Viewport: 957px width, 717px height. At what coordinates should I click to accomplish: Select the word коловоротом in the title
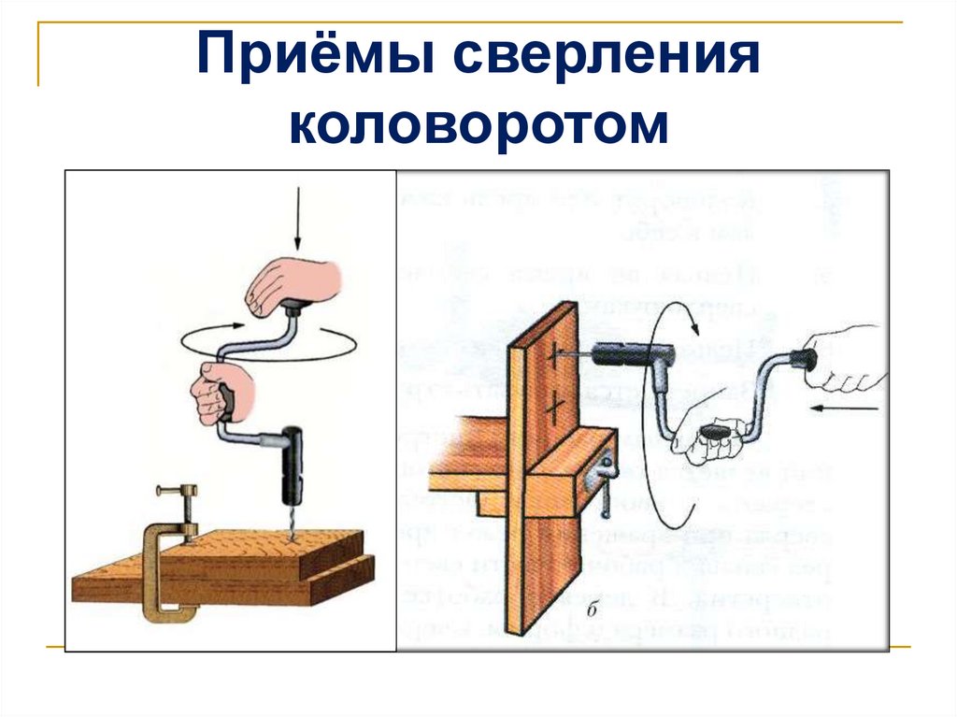478,125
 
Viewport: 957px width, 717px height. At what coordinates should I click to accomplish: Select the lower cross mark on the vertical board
555,405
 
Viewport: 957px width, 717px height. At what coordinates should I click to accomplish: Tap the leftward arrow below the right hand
846,409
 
